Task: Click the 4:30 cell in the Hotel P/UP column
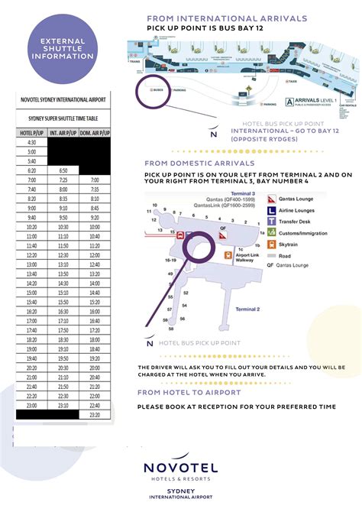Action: [31, 142]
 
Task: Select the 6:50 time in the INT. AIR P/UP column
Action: [63, 170]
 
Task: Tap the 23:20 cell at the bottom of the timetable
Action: [95, 414]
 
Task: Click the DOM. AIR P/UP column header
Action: [95, 132]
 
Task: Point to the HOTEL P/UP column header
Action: [31, 132]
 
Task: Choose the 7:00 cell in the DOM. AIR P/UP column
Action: [95, 180]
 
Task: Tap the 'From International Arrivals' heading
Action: [227, 18]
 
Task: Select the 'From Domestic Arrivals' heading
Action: [199, 163]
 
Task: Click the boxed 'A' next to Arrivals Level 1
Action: [289, 102]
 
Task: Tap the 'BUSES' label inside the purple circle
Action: [158, 90]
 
